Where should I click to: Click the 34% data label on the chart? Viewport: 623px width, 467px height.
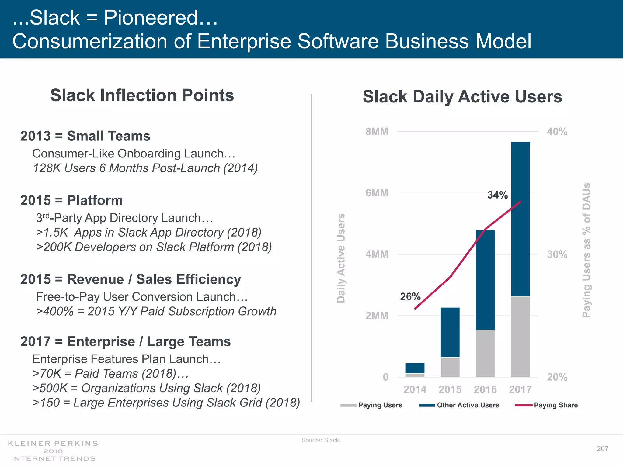click(497, 195)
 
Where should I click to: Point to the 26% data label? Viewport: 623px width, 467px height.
click(410, 296)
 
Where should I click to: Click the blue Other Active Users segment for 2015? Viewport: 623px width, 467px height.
click(450, 332)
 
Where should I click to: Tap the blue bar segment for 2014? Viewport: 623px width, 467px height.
click(415, 368)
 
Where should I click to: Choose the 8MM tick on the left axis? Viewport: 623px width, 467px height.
click(377, 132)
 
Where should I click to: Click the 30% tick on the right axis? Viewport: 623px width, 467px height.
click(557, 254)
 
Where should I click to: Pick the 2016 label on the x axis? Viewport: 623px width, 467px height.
click(485, 389)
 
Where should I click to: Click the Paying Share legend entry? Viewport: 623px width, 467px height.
click(555, 405)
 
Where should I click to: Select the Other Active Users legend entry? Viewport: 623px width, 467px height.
click(468, 405)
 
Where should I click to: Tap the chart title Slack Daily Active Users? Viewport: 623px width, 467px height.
click(462, 97)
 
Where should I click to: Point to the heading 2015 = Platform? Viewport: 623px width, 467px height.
click(71, 200)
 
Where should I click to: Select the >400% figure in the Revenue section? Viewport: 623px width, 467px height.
click(55, 311)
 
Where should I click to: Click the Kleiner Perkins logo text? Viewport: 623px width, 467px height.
click(53, 444)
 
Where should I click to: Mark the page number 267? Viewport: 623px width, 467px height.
click(602, 448)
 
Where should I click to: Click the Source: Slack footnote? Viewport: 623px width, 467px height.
click(321, 440)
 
